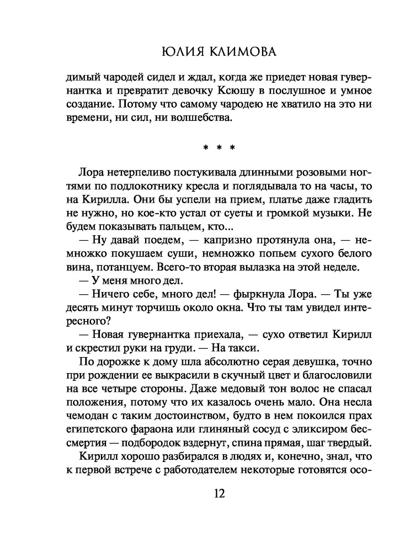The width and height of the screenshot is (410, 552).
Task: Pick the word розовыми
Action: pos(298,171)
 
